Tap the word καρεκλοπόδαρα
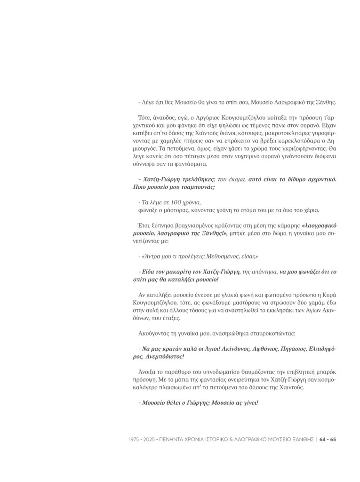pos(285,140)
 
